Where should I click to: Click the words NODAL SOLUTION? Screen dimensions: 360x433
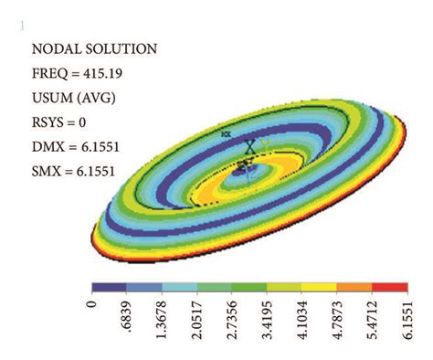pos(95,49)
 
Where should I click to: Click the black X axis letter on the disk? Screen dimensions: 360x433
pos(249,146)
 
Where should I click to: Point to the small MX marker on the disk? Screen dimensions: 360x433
pos(226,133)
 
